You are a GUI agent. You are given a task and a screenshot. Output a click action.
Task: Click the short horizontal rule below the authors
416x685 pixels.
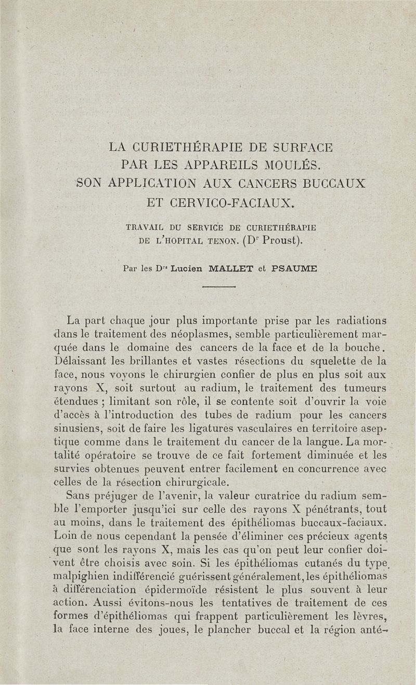pyautogui.click(x=219, y=287)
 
